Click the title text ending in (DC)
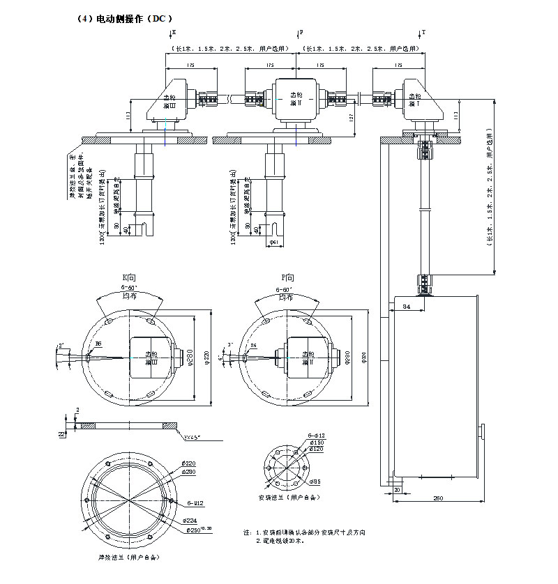123,18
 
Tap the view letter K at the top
174,32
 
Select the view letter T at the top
424,32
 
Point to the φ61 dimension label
275,242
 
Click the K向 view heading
130,277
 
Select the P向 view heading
287,277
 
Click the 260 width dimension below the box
437,498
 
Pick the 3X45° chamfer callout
192,437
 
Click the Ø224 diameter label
189,521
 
